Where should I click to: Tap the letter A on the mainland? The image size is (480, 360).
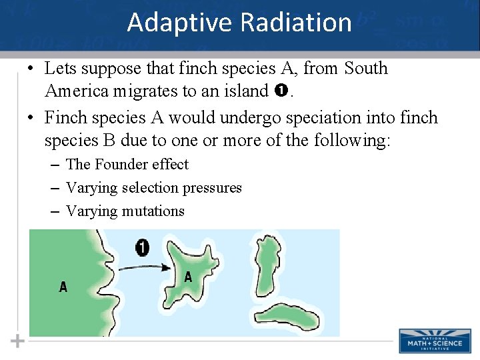coord(63,287)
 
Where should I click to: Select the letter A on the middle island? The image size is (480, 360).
coord(188,277)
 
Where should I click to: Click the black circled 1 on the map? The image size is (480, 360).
coord(142,248)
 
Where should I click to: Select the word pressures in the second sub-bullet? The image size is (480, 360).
coord(215,188)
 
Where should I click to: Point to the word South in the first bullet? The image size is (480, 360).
coord(365,68)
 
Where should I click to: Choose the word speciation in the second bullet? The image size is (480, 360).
coord(319,118)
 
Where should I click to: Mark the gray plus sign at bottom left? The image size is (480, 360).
coord(17,341)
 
